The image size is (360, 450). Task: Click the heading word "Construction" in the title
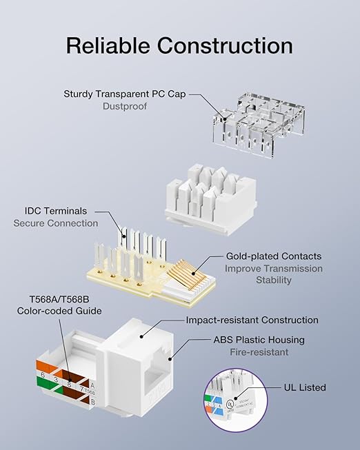point(224,45)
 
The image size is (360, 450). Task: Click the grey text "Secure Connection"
point(56,223)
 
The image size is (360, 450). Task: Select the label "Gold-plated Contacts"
point(274,256)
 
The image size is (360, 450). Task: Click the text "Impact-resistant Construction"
point(252,320)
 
